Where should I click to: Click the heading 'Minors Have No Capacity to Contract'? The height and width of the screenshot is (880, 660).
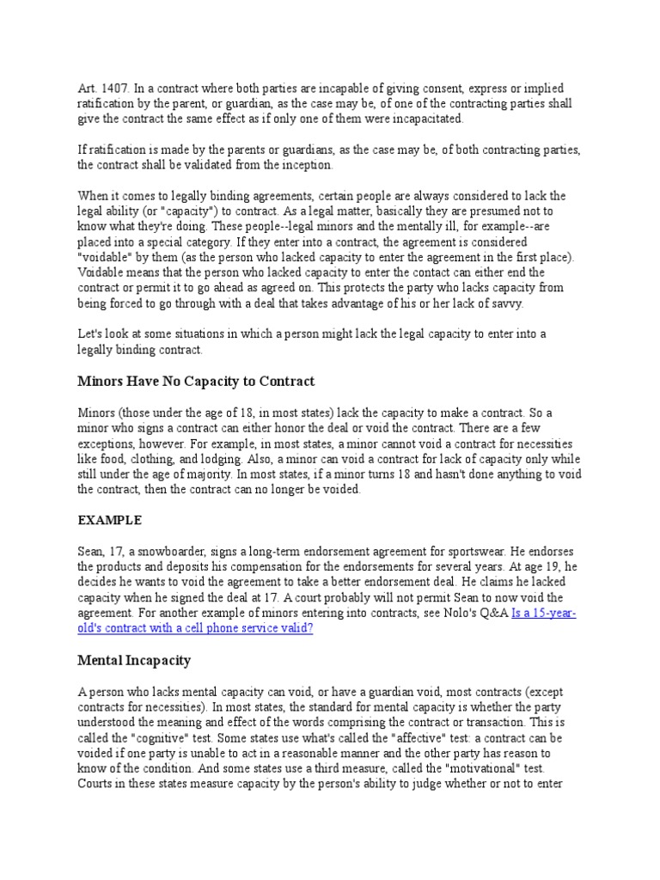pos(196,381)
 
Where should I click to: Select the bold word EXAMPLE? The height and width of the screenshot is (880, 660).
pos(109,520)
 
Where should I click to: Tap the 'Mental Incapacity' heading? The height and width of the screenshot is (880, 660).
pos(133,661)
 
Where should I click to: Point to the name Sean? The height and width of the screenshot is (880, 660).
pos(92,551)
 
